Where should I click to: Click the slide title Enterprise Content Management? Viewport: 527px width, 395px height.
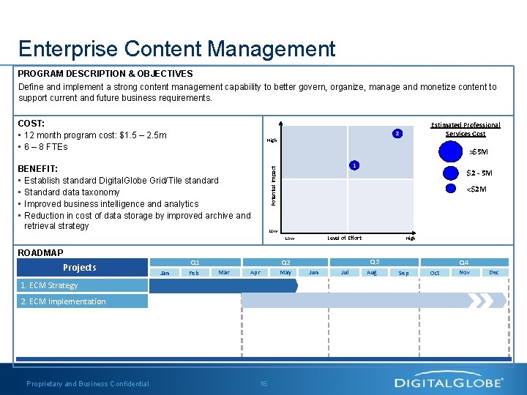[x=176, y=49]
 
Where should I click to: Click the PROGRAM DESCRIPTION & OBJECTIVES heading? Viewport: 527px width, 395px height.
[x=105, y=74]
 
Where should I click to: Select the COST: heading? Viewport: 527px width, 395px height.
[x=31, y=124]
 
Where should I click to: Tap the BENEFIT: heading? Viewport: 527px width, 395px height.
[x=38, y=168]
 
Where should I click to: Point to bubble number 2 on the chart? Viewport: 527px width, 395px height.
[x=396, y=134]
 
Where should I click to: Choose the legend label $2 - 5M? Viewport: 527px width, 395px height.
[x=479, y=173]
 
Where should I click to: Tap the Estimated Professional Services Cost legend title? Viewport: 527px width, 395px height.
[x=465, y=129]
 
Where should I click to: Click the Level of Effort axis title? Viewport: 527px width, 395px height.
[x=344, y=238]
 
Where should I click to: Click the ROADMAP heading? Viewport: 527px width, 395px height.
[x=40, y=252]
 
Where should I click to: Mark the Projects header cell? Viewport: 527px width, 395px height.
[x=79, y=267]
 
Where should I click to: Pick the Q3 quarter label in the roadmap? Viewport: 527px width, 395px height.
[x=374, y=262]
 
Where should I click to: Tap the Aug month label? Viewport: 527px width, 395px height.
[x=371, y=272]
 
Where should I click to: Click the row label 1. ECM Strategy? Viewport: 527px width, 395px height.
[x=49, y=285]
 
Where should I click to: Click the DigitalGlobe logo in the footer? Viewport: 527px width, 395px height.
[x=449, y=382]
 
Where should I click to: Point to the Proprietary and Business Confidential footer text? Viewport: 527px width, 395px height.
[x=88, y=383]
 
